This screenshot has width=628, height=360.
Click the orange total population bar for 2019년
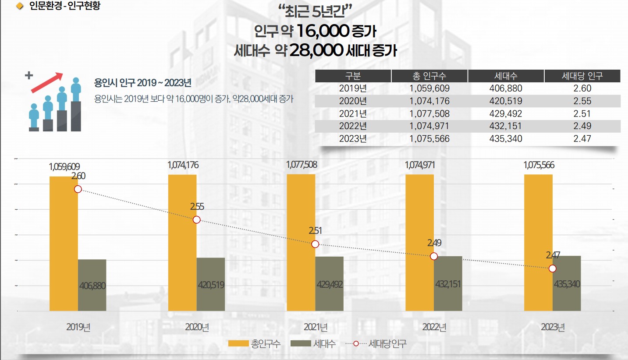coord(64,243)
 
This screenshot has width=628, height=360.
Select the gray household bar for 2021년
coord(329,283)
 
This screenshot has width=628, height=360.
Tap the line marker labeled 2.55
coord(196,220)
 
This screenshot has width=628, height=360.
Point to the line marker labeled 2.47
coord(552,268)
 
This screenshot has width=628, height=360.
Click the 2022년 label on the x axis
coord(434,327)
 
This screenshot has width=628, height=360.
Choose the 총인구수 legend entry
coord(254,344)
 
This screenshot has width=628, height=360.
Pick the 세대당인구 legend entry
coord(376,344)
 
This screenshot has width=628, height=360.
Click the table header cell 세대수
coord(505,76)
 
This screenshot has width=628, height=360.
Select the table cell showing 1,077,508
coord(429,114)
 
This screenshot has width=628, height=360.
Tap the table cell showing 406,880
coord(505,88)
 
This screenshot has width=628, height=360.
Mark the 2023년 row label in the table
coord(353,139)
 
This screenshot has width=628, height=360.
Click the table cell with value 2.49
coord(582,126)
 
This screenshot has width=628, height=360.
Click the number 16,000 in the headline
coord(323,31)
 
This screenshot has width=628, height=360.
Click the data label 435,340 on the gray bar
coord(567,284)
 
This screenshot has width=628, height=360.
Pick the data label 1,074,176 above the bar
coord(183,166)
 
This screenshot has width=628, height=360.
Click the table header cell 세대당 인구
coord(582,76)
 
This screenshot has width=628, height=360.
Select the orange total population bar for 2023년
coord(538,243)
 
